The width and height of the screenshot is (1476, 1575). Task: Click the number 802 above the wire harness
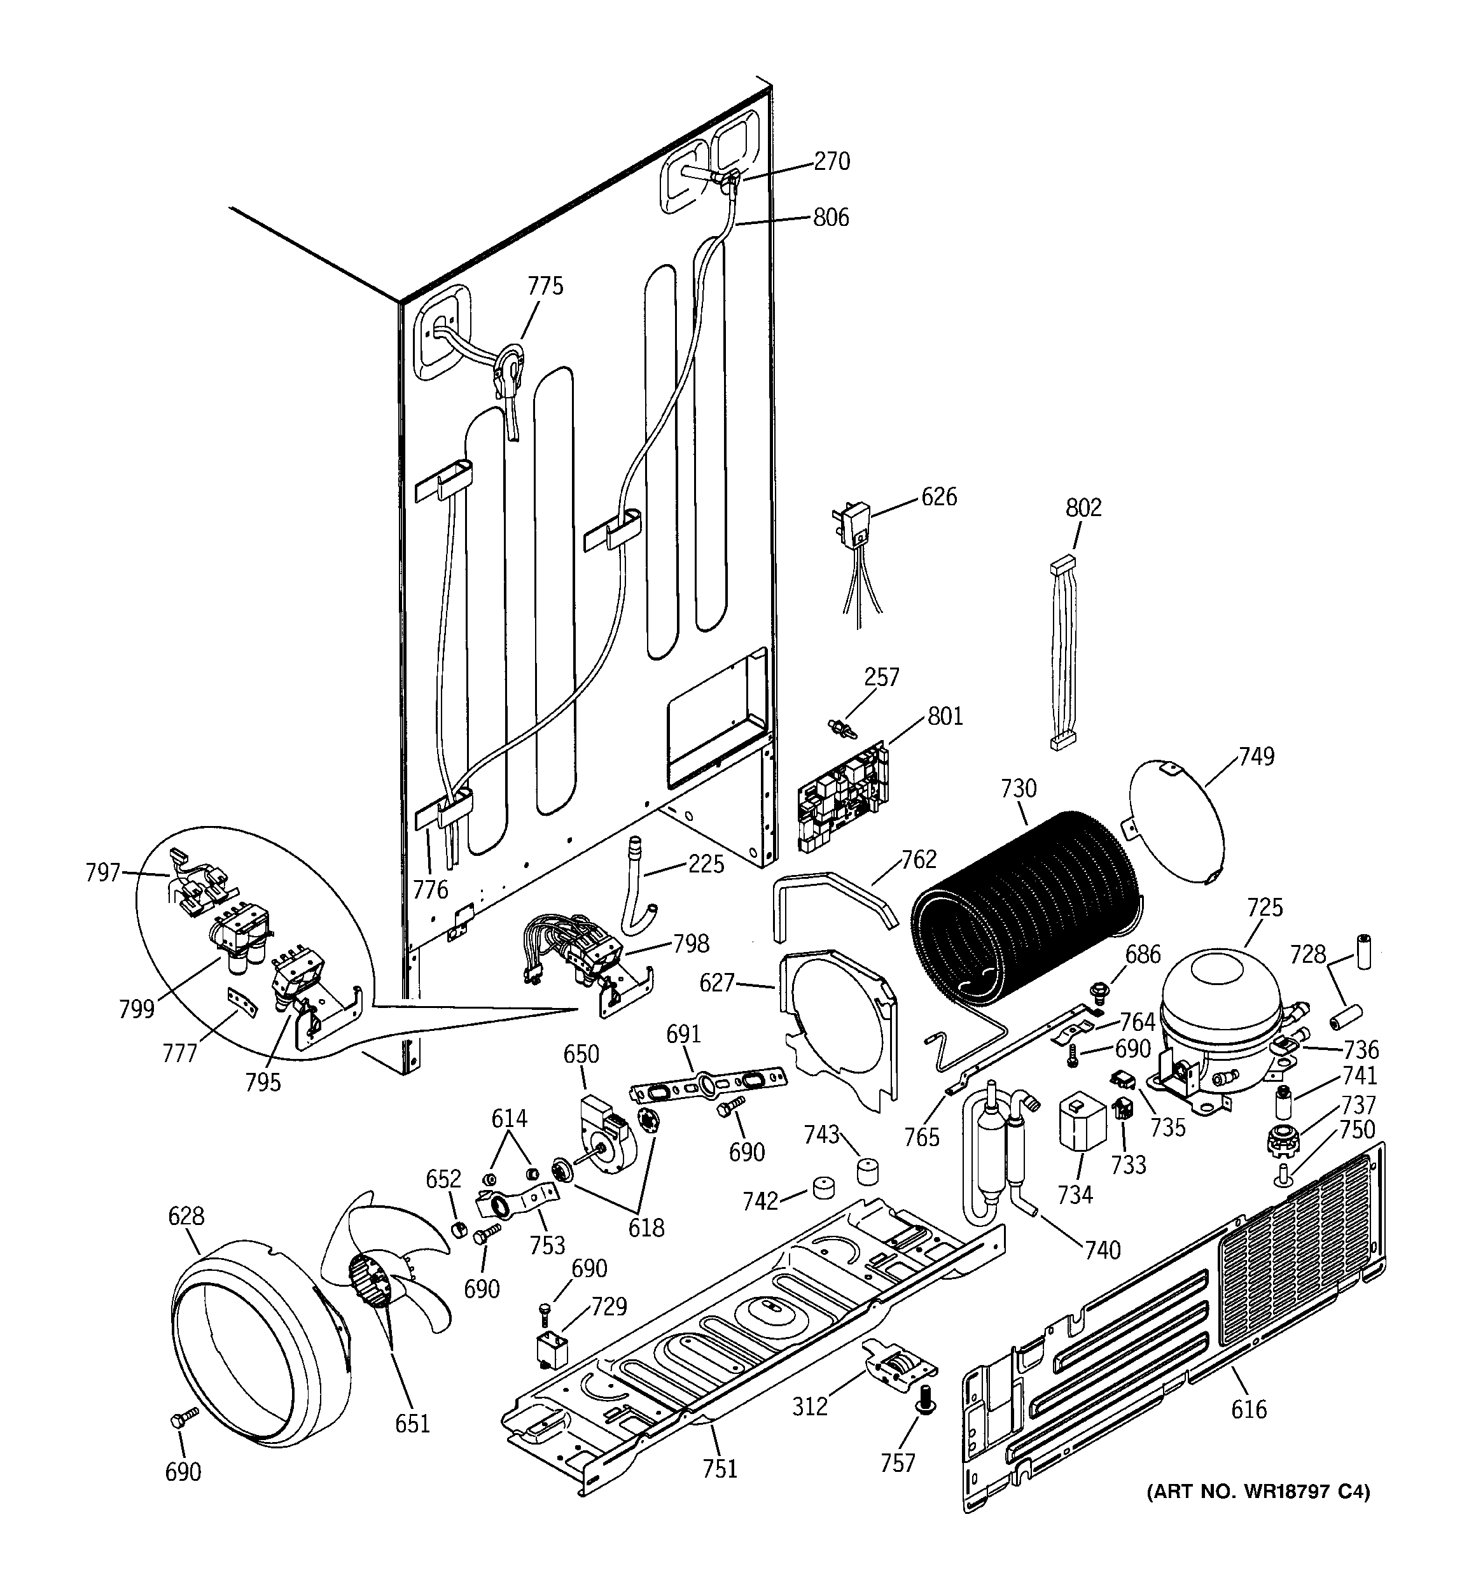click(1083, 507)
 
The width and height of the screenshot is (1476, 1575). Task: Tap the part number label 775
click(545, 286)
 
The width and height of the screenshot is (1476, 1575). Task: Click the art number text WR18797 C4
click(1259, 1492)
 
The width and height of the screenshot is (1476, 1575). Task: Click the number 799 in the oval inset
click(137, 1010)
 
